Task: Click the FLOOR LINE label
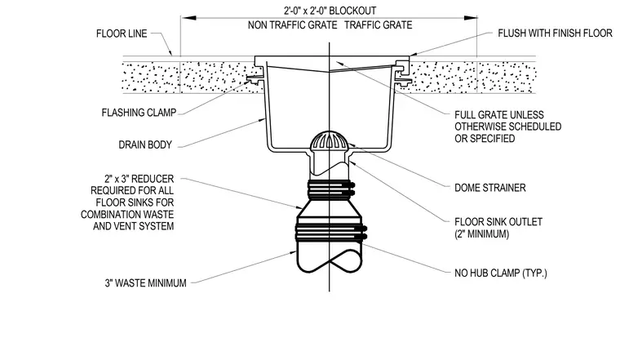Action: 122,33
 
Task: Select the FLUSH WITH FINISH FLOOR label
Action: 556,33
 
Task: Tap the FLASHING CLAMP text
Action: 139,113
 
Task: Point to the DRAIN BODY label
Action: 145,144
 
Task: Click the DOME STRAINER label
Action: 490,188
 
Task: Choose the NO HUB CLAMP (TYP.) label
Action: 501,273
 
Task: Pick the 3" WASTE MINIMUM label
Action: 145,283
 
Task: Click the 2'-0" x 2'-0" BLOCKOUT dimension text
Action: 330,11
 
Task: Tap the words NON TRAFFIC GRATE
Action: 293,25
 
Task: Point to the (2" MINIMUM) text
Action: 481,234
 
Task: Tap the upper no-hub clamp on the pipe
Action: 330,189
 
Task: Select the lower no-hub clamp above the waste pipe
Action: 331,233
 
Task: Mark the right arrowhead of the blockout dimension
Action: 470,18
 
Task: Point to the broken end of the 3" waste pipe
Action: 329,261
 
